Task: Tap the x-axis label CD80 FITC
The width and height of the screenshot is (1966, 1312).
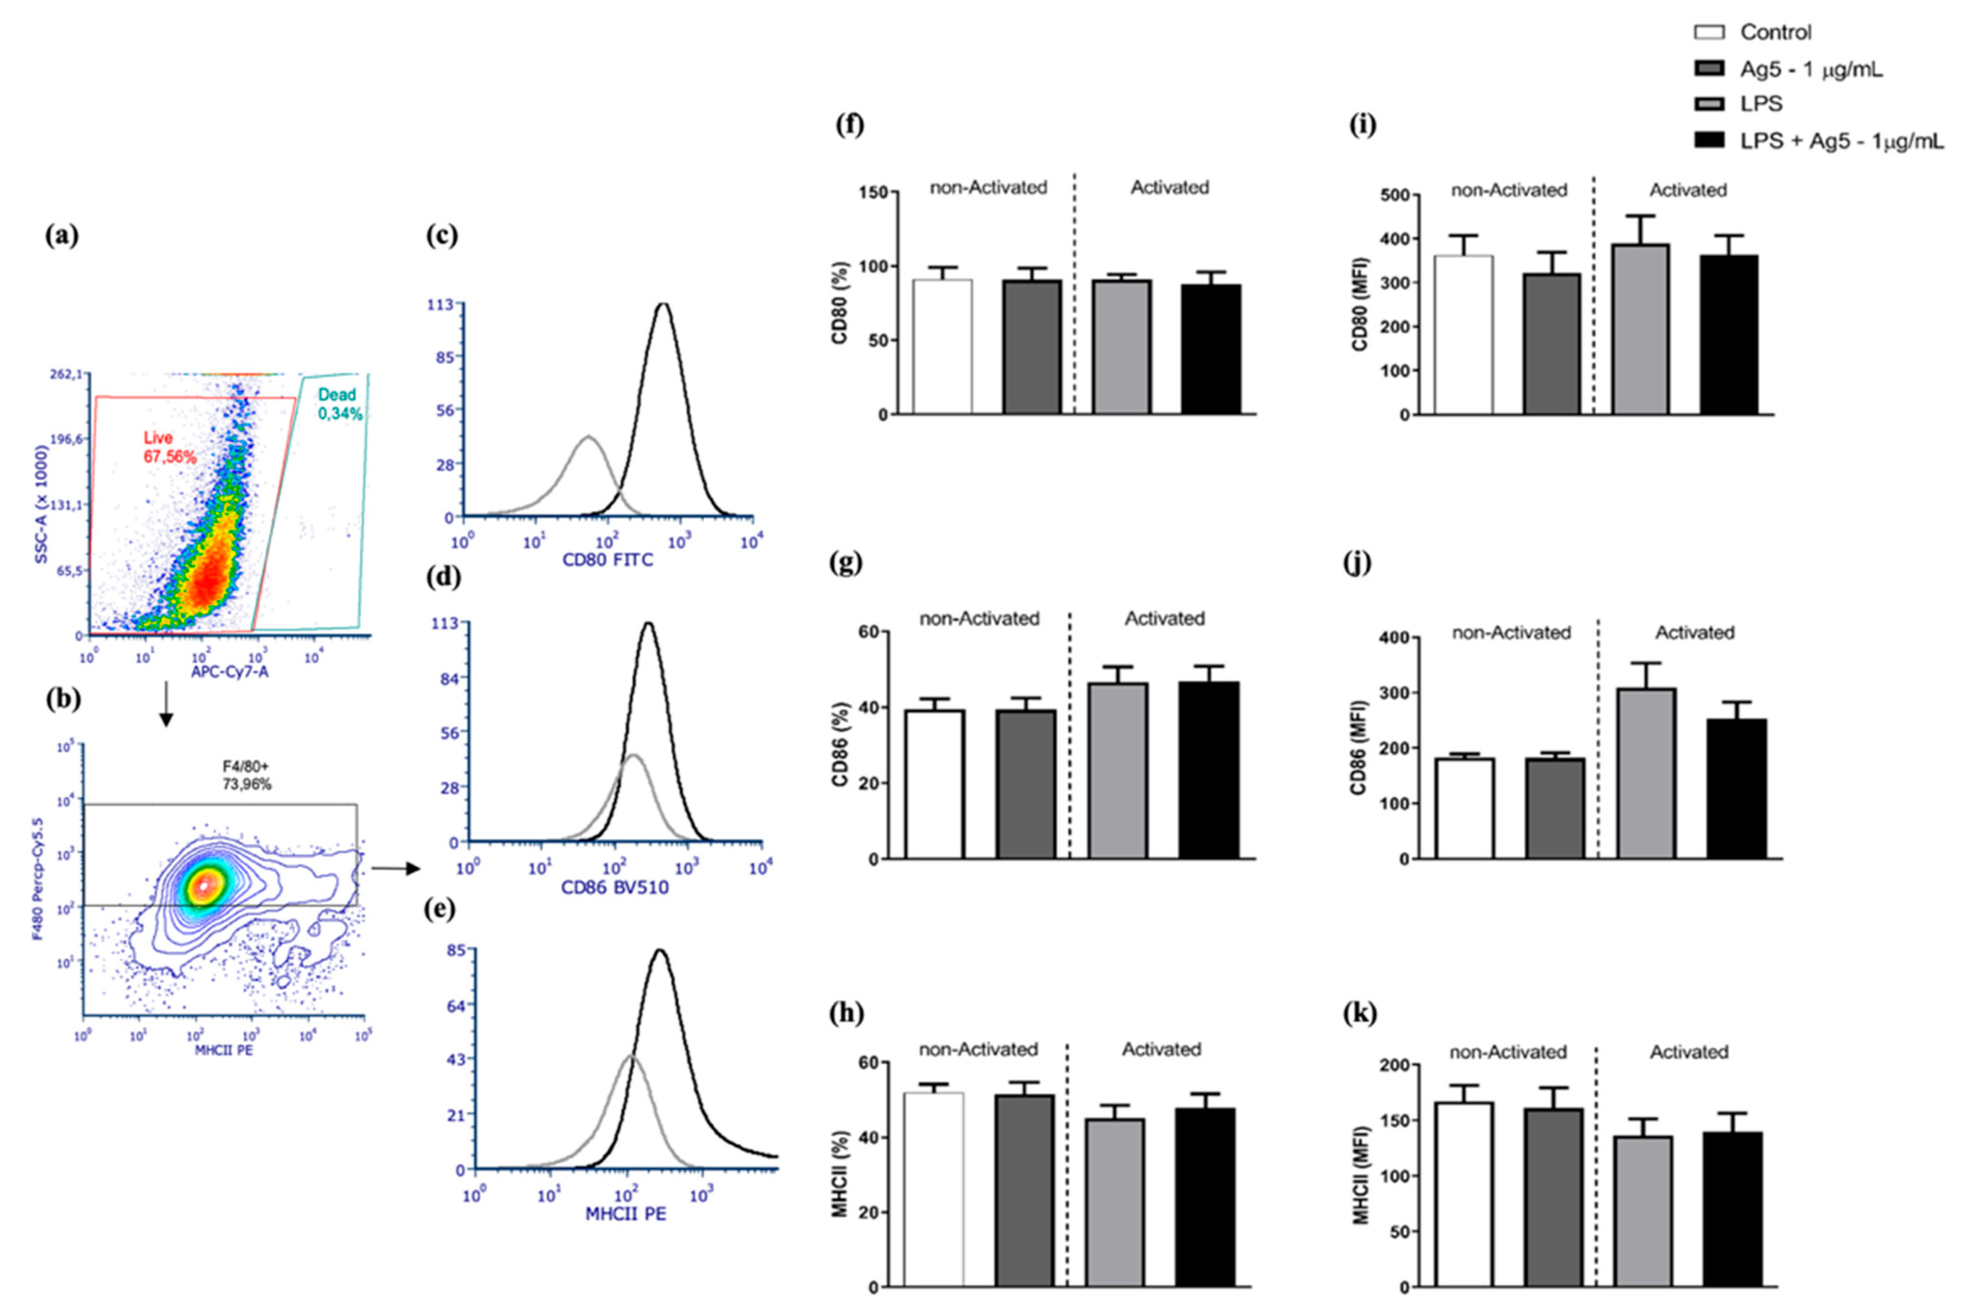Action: pyautogui.click(x=608, y=559)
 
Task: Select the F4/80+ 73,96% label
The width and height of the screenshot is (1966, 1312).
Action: pyautogui.click(x=246, y=775)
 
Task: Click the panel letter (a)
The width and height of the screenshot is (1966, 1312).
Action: pyautogui.click(x=61, y=237)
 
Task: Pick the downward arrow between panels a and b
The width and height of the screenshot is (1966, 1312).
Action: pyautogui.click(x=166, y=704)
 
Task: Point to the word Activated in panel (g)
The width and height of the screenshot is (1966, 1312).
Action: pyautogui.click(x=1164, y=618)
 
